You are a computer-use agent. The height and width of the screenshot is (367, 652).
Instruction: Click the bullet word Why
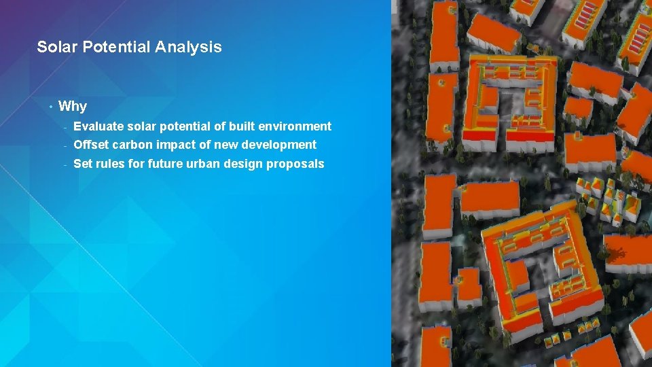point(73,106)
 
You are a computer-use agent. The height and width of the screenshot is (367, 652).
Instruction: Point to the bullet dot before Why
point(50,106)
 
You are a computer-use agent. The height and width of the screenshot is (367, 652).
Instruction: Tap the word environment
point(295,126)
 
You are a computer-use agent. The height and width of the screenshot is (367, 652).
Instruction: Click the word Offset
point(91,145)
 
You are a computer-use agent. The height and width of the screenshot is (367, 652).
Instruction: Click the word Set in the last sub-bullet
point(82,164)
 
